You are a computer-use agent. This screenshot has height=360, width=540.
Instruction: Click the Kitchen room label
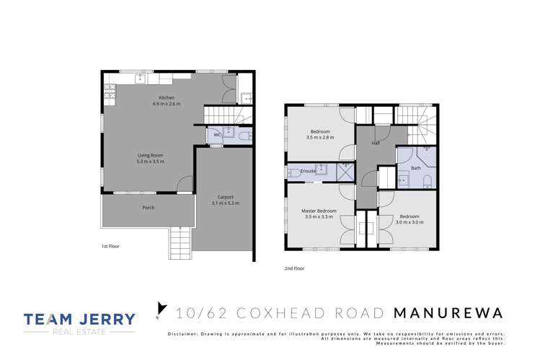click(167, 97)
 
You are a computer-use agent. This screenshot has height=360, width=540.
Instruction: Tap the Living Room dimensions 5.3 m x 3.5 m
click(151, 162)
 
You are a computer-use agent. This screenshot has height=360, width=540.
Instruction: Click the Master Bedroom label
click(319, 211)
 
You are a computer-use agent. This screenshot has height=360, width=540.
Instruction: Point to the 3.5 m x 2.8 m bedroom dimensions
click(319, 138)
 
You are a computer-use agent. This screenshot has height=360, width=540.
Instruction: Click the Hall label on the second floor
click(376, 144)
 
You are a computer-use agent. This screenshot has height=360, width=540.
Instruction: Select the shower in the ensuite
click(345, 170)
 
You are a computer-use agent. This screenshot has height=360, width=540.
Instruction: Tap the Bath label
click(415, 168)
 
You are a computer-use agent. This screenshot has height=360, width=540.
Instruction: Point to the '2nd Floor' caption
click(294, 268)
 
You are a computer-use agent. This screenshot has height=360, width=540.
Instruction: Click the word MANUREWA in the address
click(448, 312)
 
